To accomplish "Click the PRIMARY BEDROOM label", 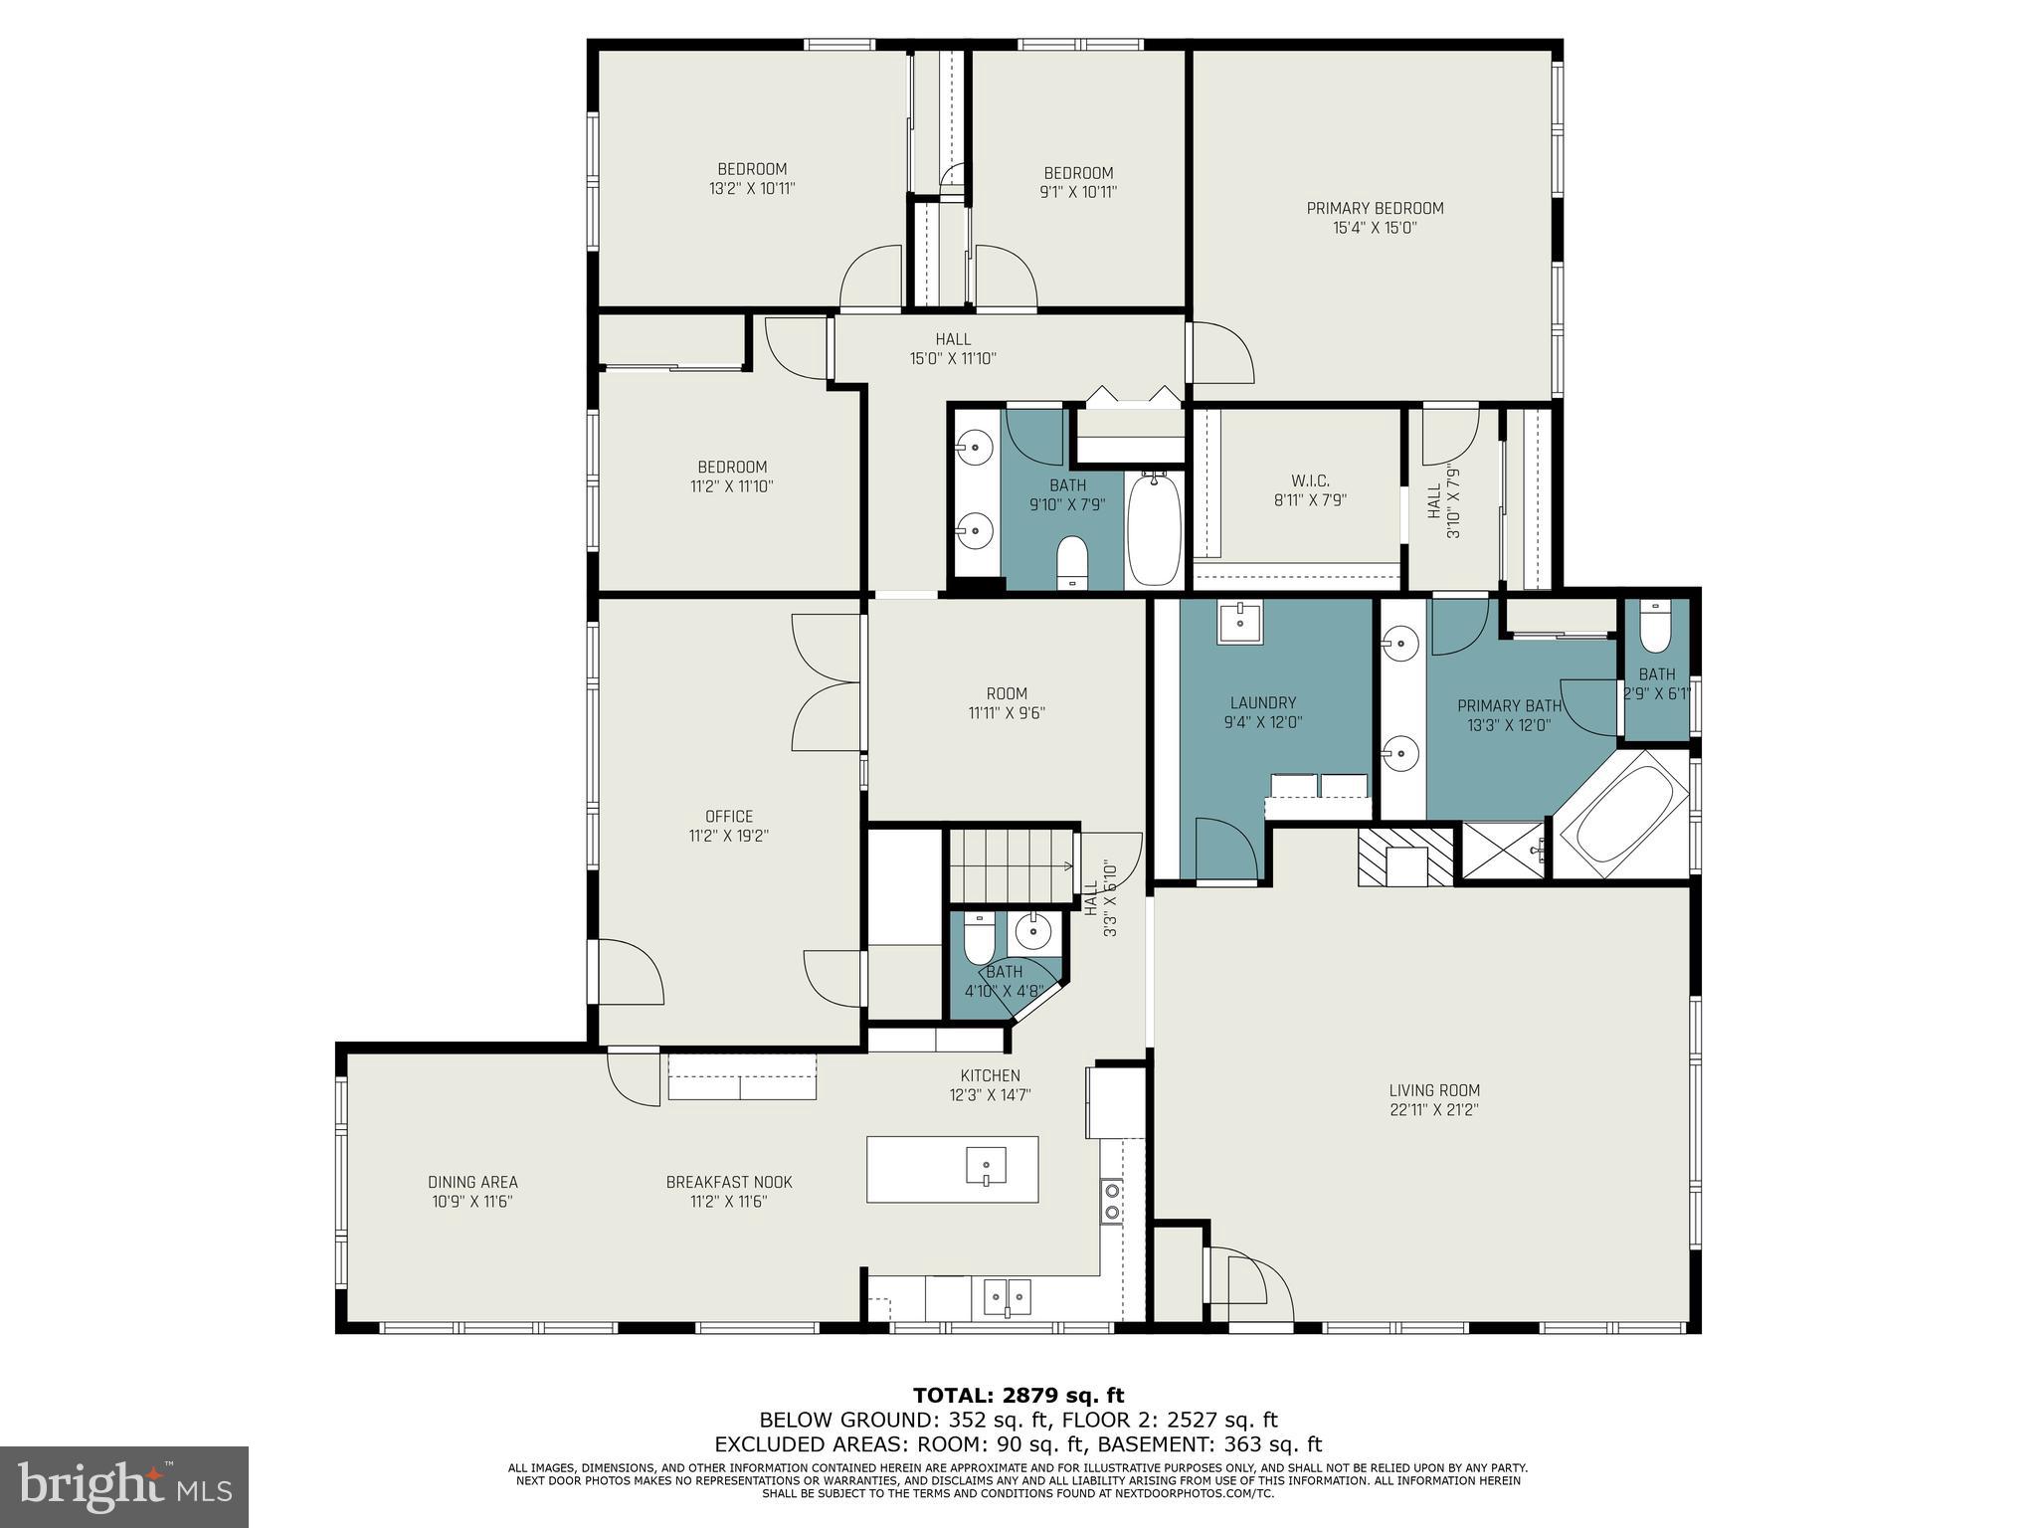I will (1375, 208).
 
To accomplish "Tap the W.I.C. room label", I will (1310, 481).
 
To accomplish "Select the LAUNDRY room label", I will (1262, 702).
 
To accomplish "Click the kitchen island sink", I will (986, 1164).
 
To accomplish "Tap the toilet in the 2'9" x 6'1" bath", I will (1655, 627).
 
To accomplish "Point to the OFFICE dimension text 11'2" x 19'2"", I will (729, 837).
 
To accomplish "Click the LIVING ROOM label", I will (1434, 1090).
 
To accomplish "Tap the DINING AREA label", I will (472, 1182).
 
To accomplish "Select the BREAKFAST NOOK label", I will (729, 1182).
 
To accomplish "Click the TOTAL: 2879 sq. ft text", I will (1018, 1396).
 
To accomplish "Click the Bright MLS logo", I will (123, 1486).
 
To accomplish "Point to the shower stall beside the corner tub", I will (1502, 851).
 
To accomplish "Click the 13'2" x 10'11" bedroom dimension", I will (752, 188).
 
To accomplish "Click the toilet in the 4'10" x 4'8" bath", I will (980, 935).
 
